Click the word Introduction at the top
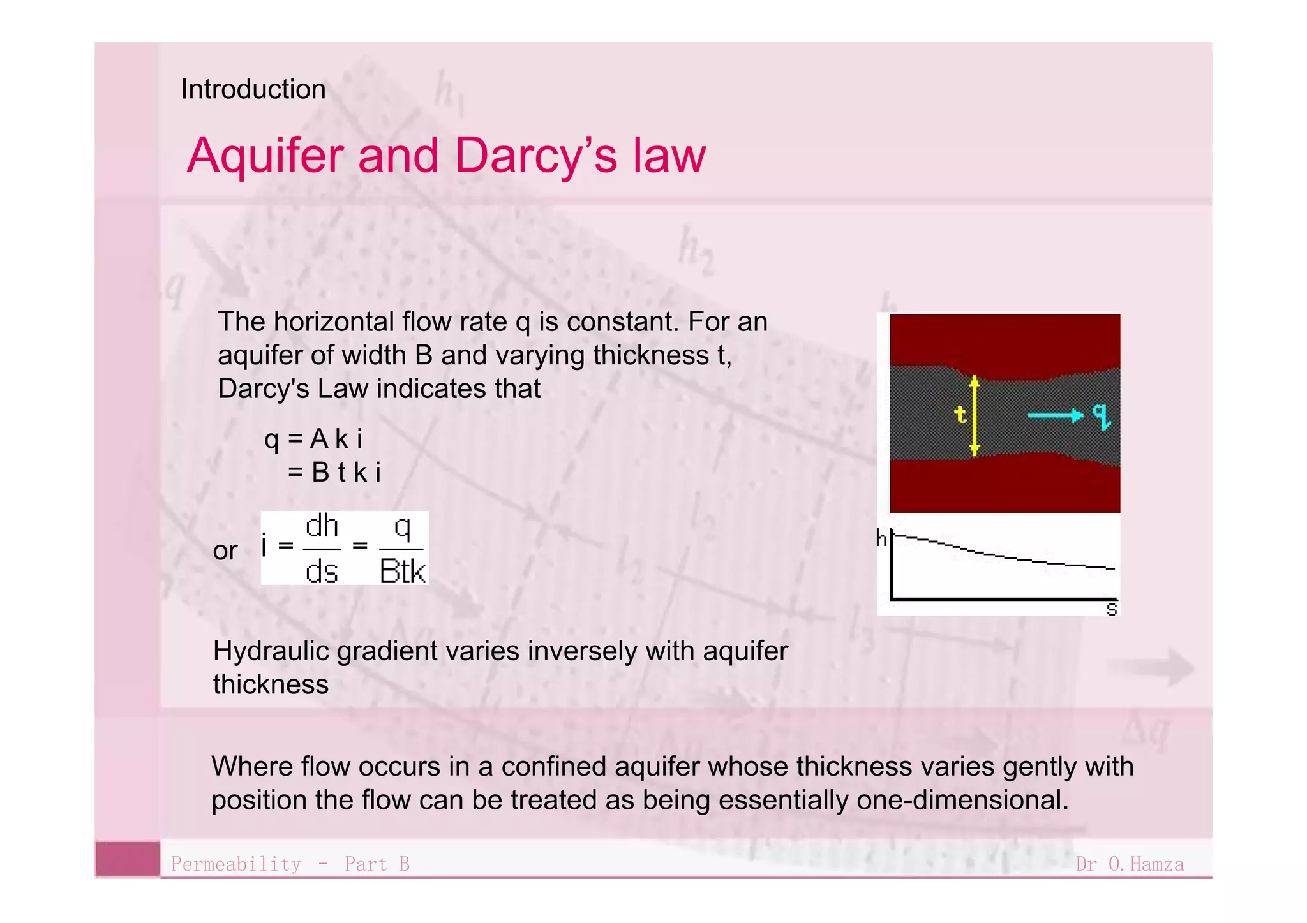pyautogui.click(x=253, y=89)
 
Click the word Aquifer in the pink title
pyautogui.click(x=265, y=156)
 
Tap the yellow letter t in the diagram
pyautogui.click(x=960, y=415)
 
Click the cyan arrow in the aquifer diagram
pyautogui.click(x=1055, y=416)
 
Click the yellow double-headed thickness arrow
pyautogui.click(x=975, y=415)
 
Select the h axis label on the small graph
pyautogui.click(x=881, y=539)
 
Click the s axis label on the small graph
pyautogui.click(x=1111, y=609)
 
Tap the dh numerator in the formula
pyautogui.click(x=322, y=527)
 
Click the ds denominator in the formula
pyautogui.click(x=321, y=571)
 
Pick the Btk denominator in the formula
pyautogui.click(x=402, y=571)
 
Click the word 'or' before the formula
pyautogui.click(x=225, y=551)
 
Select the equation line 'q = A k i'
pyautogui.click(x=313, y=439)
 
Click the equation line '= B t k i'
pyautogui.click(x=334, y=473)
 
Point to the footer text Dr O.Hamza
pyautogui.click(x=1129, y=864)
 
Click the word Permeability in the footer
pyautogui.click(x=235, y=864)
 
